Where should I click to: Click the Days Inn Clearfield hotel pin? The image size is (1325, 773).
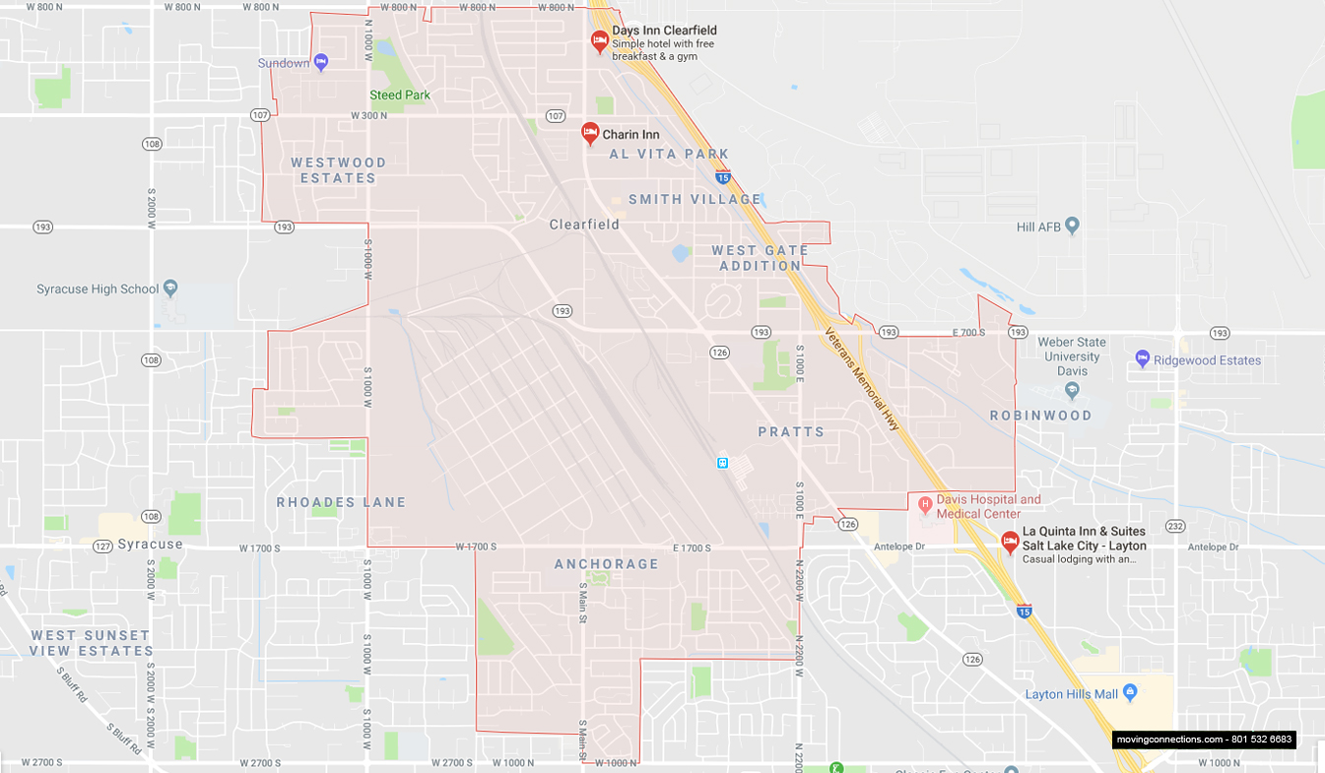click(599, 40)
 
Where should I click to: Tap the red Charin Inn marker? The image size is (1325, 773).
click(590, 132)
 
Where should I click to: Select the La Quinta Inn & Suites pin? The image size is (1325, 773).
click(1010, 541)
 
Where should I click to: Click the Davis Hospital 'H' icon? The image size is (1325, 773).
click(925, 504)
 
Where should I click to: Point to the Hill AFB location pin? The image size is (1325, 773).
click(1073, 226)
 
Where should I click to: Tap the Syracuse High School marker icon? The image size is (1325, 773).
click(170, 289)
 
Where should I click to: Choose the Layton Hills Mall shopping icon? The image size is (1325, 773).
click(1130, 693)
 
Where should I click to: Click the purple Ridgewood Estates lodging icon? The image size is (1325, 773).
click(1143, 359)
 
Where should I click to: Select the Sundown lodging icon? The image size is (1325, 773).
click(320, 63)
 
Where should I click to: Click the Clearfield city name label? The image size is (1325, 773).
click(584, 225)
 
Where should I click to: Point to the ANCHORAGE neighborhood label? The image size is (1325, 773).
click(606, 564)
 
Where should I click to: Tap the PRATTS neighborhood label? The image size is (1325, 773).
click(791, 432)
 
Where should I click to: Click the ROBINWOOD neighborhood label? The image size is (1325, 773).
click(1040, 416)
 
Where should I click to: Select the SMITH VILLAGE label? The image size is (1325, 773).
click(695, 199)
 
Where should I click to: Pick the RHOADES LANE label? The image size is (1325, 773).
click(341, 502)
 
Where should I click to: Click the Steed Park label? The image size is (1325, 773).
click(400, 96)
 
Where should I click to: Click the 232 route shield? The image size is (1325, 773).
click(1174, 526)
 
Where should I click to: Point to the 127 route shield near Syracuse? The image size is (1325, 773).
click(102, 546)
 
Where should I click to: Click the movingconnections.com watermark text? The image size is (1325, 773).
click(1204, 740)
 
